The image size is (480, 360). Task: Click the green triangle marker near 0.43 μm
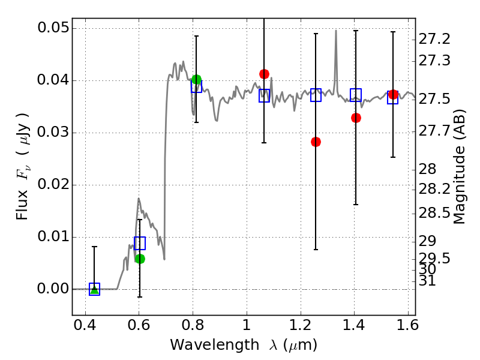[94, 289]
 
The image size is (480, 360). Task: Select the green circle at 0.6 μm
[140, 259]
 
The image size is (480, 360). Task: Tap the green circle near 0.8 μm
[196, 79]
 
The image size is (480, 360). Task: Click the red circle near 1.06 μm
[264, 74]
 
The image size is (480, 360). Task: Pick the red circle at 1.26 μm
[316, 142]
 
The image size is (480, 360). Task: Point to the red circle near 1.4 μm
[356, 118]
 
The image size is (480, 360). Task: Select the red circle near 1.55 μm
[393, 94]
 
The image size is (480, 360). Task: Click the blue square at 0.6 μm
[140, 243]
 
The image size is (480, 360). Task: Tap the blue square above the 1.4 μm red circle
[356, 94]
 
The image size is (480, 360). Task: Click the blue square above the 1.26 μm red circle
[316, 95]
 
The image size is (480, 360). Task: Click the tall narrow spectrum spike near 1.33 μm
[335, 33]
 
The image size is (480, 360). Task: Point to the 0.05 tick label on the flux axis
[53, 28]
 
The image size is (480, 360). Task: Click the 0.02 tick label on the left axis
[53, 185]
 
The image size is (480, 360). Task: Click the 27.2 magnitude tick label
[434, 39]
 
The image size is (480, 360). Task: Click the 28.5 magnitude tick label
[434, 213]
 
